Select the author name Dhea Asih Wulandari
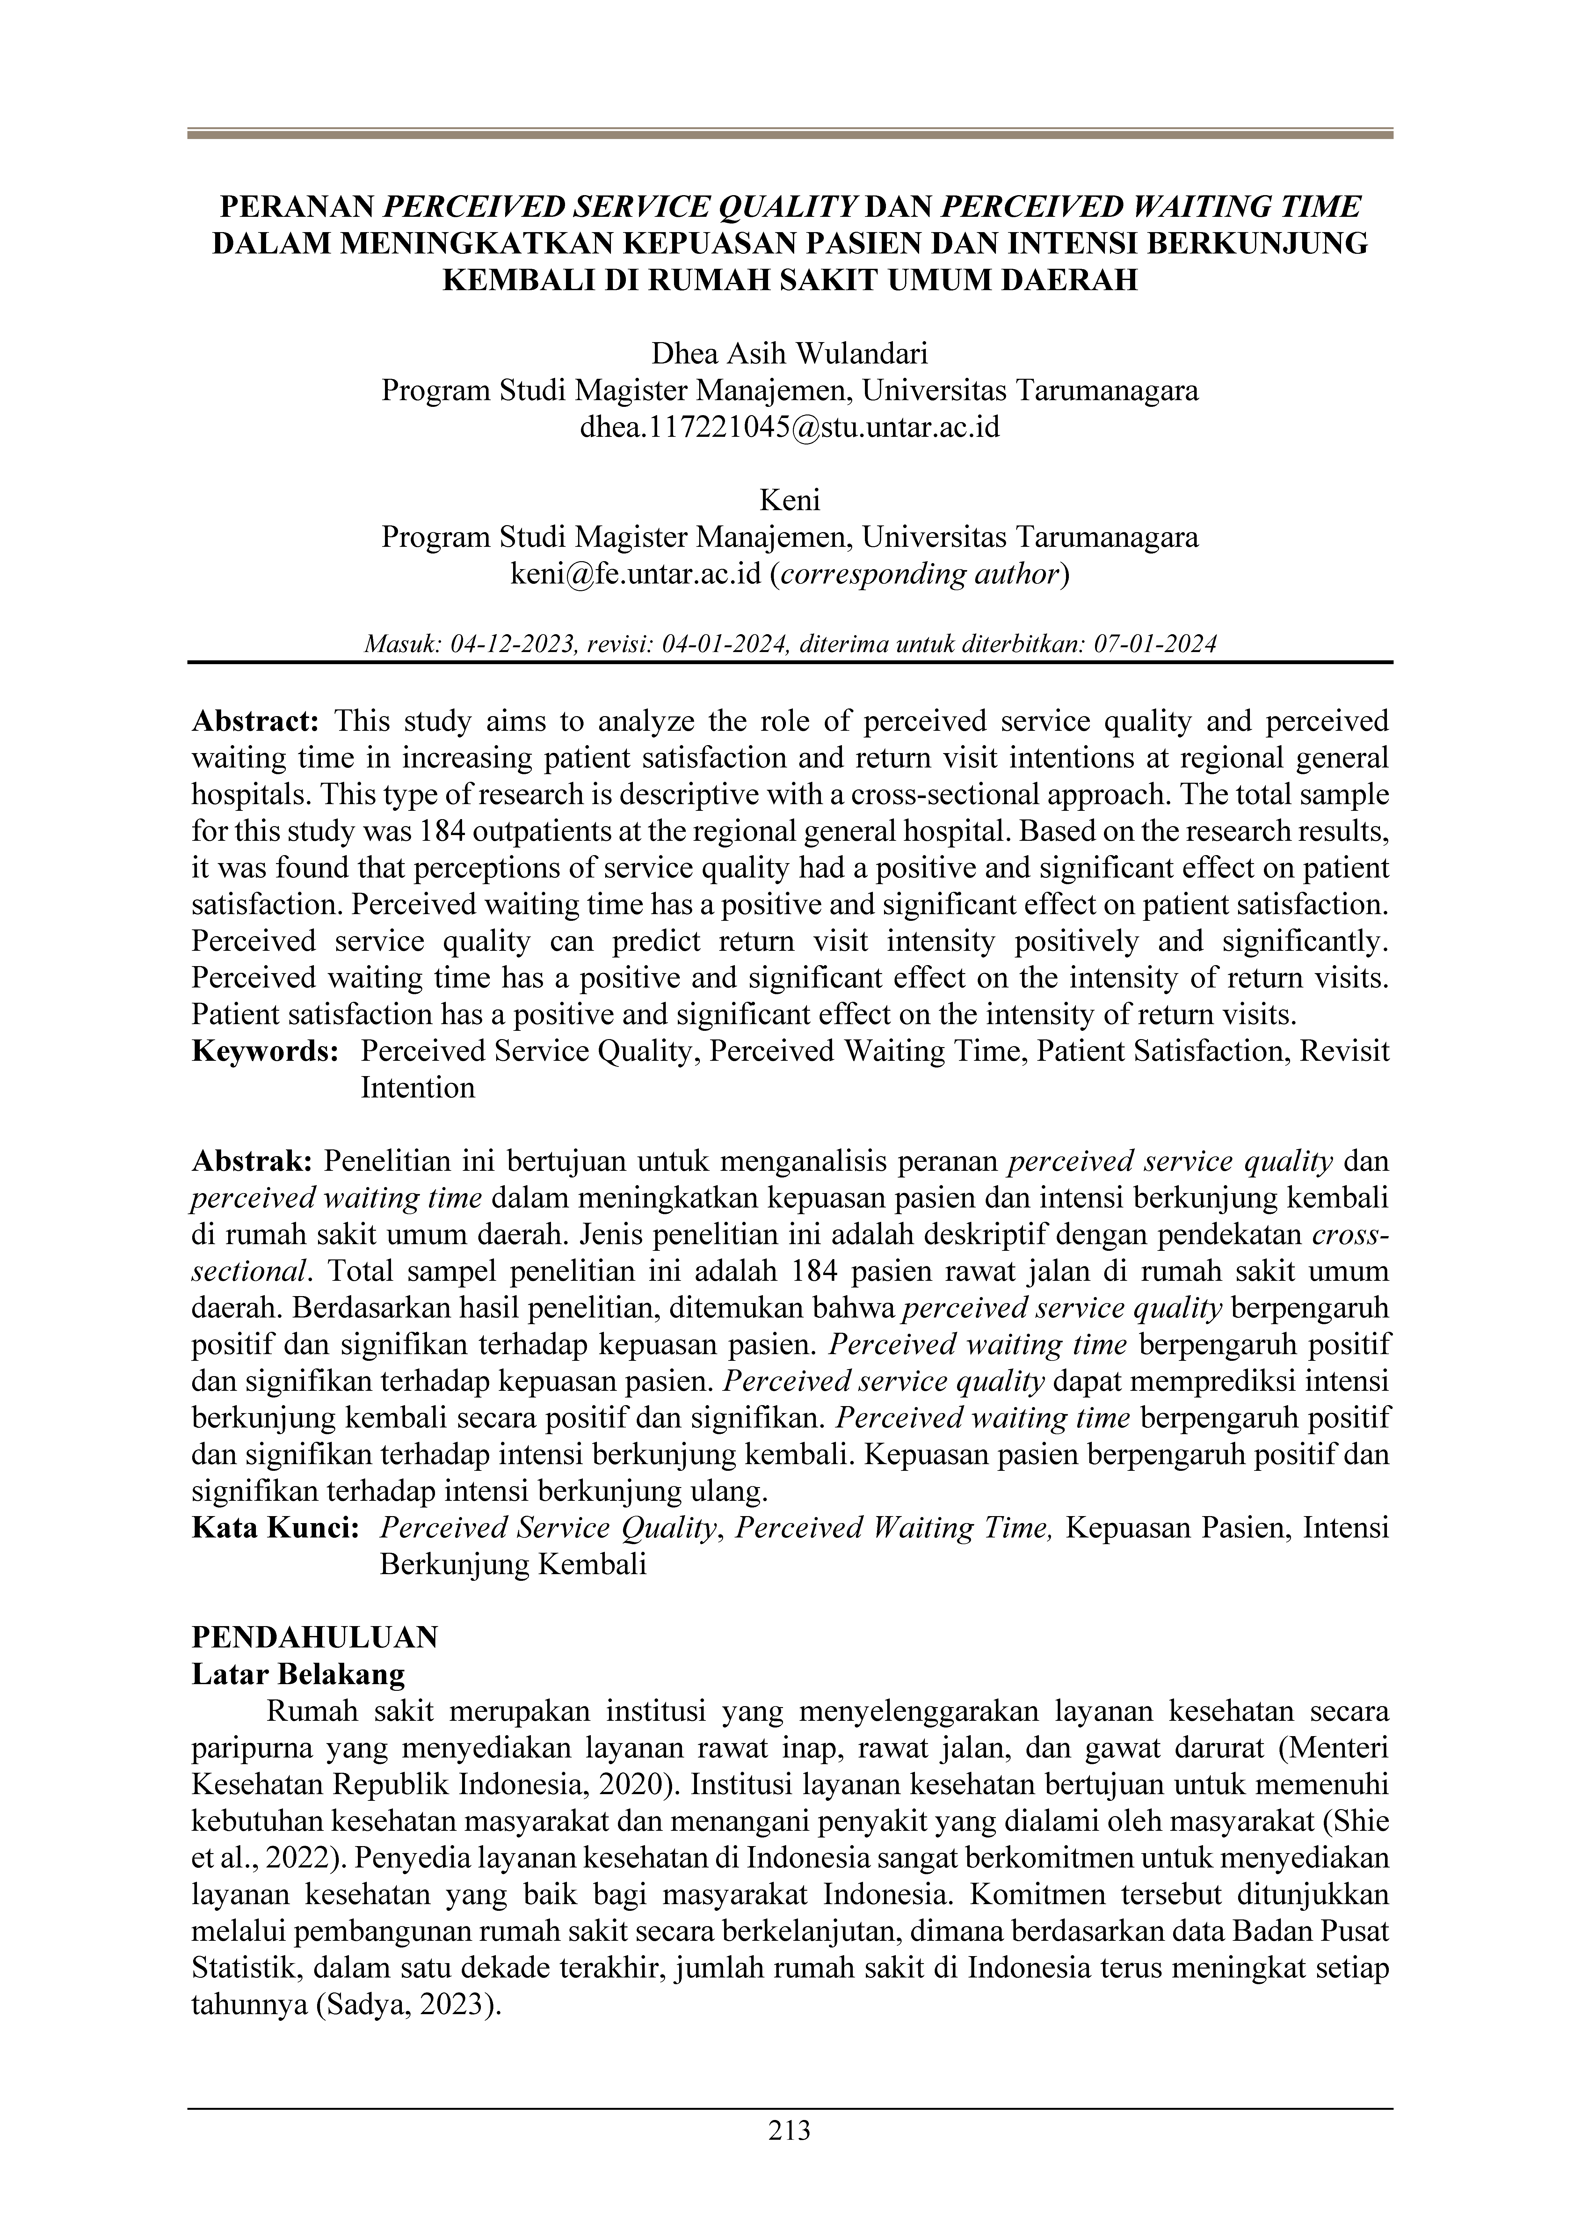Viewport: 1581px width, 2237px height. click(790, 353)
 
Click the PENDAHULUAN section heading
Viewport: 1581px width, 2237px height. click(315, 1637)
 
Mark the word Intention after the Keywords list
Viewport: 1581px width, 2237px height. click(418, 1087)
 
